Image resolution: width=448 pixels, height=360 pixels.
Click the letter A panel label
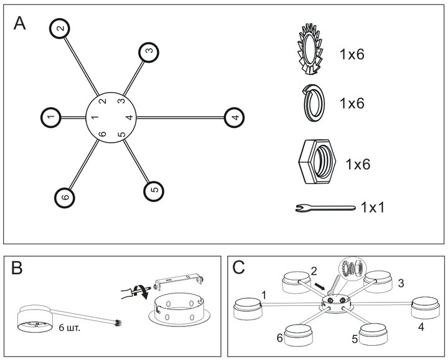click(x=20, y=24)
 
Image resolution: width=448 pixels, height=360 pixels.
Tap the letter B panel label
click(x=17, y=268)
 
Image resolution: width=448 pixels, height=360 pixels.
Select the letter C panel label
click(x=238, y=267)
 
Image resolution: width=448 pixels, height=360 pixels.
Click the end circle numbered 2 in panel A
click(x=60, y=28)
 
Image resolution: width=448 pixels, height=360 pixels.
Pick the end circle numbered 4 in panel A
click(x=235, y=118)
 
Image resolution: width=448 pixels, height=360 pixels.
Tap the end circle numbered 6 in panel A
click(x=65, y=198)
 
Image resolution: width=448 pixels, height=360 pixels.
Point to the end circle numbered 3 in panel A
click(x=149, y=52)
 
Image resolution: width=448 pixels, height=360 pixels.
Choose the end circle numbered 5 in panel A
click(x=154, y=191)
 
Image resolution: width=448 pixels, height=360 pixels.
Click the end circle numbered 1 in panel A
click(x=51, y=118)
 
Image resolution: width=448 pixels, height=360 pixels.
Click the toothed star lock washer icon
click(x=310, y=49)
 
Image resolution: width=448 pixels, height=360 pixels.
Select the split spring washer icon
click(x=313, y=103)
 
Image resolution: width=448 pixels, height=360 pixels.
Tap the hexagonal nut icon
click(x=317, y=162)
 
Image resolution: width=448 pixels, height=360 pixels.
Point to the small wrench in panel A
click(x=325, y=208)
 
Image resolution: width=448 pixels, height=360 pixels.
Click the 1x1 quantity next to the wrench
click(x=373, y=207)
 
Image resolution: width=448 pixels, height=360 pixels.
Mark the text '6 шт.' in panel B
click(x=70, y=328)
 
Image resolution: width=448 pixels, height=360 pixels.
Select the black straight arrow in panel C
click(x=319, y=286)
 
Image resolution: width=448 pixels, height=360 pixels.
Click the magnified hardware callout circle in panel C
click(x=352, y=269)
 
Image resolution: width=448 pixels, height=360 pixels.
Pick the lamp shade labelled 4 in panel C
click(x=425, y=308)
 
